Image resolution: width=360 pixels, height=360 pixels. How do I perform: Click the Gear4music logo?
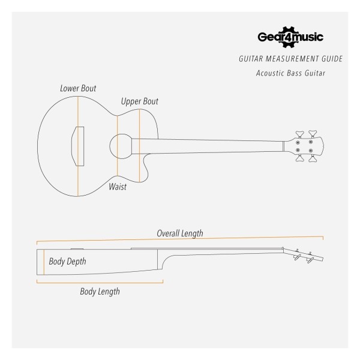290,37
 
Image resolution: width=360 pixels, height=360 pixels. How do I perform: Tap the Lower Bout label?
78,88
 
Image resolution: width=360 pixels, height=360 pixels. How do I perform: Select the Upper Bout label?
140,101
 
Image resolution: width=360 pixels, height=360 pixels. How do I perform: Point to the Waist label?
118,187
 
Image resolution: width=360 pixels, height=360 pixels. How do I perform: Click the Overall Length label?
180,233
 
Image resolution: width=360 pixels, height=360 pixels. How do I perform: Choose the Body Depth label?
67,262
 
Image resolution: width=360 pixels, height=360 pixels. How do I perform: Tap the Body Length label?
100,292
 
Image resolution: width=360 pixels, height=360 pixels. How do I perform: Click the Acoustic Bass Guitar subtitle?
290,73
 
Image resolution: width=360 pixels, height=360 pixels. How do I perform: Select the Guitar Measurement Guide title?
290,59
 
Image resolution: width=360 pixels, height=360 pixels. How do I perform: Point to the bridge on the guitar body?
77,146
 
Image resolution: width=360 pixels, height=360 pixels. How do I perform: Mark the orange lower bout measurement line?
78,146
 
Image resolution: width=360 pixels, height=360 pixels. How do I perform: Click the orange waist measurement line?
118,146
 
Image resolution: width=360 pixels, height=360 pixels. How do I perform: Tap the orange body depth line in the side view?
44,262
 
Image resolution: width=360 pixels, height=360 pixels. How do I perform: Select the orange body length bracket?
100,283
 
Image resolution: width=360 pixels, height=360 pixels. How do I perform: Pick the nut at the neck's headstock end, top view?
283,146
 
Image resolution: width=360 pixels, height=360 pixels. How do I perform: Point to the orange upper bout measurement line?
139,146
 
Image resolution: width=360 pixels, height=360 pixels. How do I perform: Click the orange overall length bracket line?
180,239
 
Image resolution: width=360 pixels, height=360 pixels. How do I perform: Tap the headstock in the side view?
303,254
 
